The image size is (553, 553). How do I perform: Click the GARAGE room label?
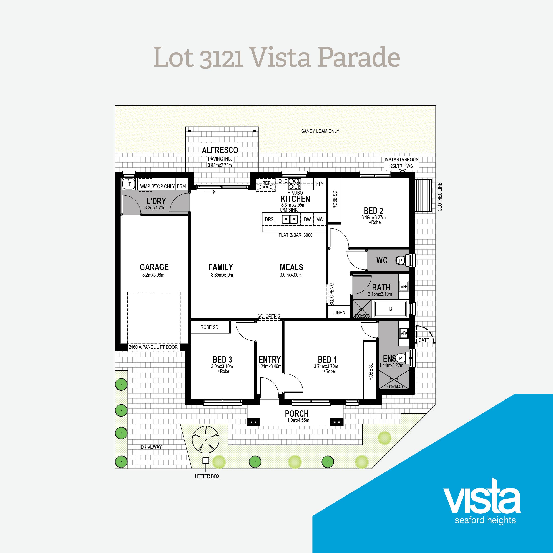point(154,267)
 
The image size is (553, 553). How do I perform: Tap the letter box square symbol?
point(205,461)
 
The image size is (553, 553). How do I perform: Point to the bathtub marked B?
point(391,309)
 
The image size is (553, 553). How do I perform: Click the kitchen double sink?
point(290,219)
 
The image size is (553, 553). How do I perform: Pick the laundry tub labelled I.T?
point(129,184)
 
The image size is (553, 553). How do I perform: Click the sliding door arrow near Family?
point(210,192)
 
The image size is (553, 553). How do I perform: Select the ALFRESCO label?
point(220,150)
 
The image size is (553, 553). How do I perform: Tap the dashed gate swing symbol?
point(425,334)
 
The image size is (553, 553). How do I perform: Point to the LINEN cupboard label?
point(339,313)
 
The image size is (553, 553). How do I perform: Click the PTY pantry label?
point(319,184)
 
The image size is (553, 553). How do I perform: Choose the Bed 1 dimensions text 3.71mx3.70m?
point(326,366)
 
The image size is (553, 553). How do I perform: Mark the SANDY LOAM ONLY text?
point(320,131)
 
